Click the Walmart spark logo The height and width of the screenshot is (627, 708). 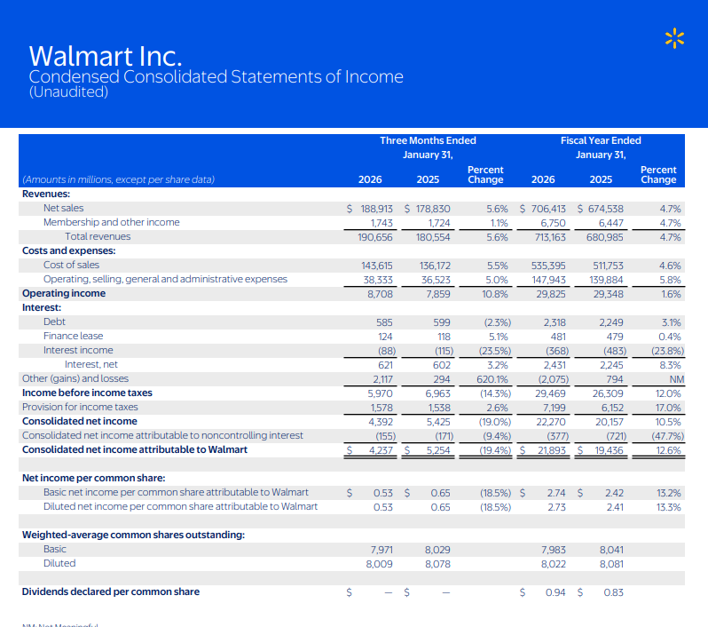[x=676, y=37]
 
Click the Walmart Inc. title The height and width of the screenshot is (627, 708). [x=106, y=57]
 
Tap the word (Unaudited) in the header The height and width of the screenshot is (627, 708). [x=69, y=92]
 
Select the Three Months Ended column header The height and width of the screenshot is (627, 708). [x=428, y=140]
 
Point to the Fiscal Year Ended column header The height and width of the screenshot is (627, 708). [x=601, y=140]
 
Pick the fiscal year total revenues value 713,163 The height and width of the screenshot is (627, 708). [x=543, y=236]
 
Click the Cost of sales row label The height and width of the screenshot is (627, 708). [x=72, y=265]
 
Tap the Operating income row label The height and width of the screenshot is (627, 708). [x=64, y=293]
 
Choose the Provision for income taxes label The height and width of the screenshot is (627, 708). [x=80, y=407]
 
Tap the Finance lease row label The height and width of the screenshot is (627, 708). [x=73, y=336]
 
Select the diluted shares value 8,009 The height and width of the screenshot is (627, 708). [x=380, y=563]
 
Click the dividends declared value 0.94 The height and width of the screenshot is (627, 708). [x=555, y=591]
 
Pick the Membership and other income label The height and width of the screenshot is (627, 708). [x=111, y=222]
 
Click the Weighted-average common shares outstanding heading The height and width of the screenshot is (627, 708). [x=133, y=535]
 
